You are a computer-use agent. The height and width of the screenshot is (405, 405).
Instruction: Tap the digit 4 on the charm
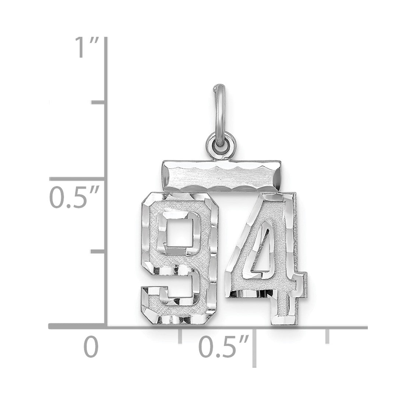266,258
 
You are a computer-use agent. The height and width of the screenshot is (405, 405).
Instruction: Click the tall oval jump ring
219,114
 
